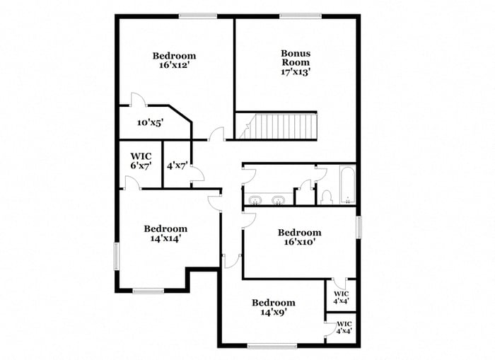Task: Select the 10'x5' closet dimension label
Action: [151, 122]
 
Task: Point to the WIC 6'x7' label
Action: [141, 161]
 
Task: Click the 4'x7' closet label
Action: [177, 166]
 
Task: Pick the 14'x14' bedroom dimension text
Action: [165, 239]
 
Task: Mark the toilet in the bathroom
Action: [327, 196]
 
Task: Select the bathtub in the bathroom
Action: [346, 186]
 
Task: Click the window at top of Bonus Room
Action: [300, 16]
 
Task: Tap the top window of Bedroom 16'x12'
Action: [197, 16]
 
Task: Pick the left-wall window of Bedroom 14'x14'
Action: [117, 255]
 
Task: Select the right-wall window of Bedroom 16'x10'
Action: [359, 227]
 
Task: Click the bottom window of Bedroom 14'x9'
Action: [272, 346]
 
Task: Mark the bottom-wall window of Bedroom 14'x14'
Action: [148, 290]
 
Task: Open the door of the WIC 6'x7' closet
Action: [132, 183]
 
